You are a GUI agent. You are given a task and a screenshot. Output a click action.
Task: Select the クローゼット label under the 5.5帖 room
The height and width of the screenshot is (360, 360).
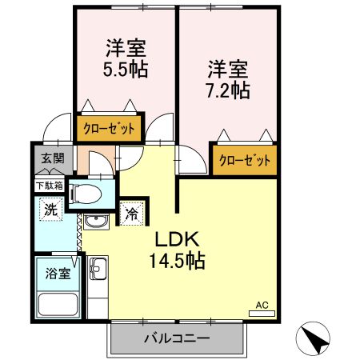pyautogui.click(x=110, y=126)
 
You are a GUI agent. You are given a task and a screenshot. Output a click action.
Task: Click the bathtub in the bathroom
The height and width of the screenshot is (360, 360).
pyautogui.click(x=56, y=303)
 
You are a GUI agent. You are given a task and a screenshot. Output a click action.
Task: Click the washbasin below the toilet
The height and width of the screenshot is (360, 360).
pyautogui.click(x=97, y=222)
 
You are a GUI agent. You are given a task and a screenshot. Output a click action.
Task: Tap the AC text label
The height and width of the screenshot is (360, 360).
pyautogui.click(x=262, y=304)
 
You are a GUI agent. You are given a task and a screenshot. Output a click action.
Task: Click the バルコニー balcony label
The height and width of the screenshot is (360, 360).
pyautogui.click(x=177, y=339)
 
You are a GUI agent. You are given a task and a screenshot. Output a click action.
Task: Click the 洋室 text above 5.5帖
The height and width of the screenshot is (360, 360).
pyautogui.click(x=125, y=46)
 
